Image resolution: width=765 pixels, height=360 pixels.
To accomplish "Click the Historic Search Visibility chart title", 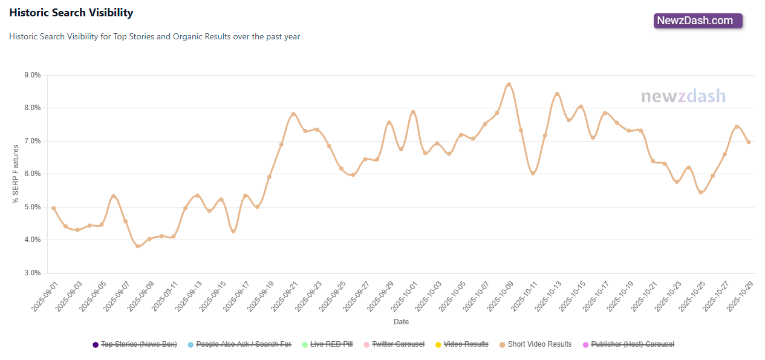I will click(71, 13).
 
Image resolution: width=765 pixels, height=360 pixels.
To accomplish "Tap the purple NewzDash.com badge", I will click(698, 21).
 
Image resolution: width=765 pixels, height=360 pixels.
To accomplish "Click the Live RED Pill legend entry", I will click(327, 344).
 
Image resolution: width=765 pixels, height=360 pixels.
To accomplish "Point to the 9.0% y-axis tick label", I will click(32, 75).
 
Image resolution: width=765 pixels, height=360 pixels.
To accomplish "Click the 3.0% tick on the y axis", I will click(32, 273).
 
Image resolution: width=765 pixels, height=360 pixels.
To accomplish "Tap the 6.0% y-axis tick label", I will click(32, 174).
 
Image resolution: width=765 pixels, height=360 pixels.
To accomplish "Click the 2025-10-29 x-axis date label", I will click(738, 296).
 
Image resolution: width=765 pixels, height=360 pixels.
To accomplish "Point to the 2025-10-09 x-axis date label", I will click(498, 296).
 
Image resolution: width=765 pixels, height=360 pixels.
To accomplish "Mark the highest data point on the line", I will click(509, 85).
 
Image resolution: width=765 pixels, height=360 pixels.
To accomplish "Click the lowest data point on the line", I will click(137, 246).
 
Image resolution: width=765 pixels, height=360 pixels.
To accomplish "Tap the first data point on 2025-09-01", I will click(53, 208).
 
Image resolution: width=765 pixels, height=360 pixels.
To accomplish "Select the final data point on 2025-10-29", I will click(749, 142).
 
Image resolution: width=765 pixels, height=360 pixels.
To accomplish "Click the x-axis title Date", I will click(401, 322).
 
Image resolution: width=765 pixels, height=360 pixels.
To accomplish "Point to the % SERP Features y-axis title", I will click(16, 174).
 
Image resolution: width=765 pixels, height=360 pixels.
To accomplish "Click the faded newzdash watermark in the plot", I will click(683, 97).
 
